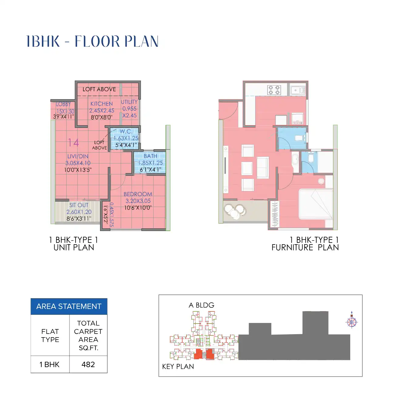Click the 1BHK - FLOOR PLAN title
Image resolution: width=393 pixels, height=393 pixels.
pos(92,42)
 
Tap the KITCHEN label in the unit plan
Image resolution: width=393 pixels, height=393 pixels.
pos(101,104)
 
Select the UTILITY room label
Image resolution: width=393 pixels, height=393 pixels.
pos(129,102)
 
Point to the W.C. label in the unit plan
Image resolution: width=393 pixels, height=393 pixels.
pos(126,132)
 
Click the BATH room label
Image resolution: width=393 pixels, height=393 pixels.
pos(150,156)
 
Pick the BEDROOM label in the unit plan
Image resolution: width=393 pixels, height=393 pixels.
pos(138,194)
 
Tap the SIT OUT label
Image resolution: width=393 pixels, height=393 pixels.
pos(79,205)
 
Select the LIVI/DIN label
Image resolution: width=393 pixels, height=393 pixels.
pos(78,156)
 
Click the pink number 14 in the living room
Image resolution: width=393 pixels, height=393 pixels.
pos(73,143)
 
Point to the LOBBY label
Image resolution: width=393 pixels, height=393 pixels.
pos(63,104)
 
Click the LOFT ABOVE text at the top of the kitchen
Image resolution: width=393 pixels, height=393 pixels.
pos(99,89)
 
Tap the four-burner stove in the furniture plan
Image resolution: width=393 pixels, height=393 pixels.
pos(274,90)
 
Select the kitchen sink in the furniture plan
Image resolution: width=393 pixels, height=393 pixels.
pos(297,90)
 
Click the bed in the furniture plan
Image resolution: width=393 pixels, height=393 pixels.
pos(315,204)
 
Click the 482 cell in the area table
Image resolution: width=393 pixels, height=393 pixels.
pos(88,364)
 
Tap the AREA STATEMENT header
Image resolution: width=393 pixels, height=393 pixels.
pos(69,307)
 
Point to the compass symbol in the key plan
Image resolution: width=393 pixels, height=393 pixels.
pos(352,321)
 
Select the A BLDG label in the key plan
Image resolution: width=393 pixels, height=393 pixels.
pos(201,305)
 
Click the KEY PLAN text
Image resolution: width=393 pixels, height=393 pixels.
pos(178,367)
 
